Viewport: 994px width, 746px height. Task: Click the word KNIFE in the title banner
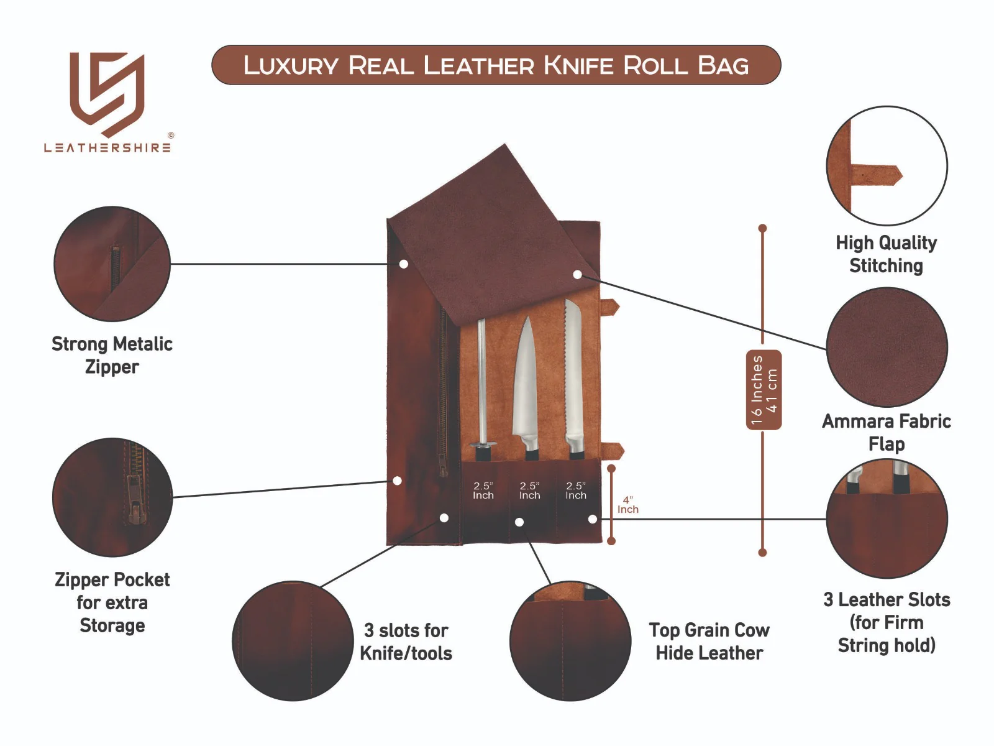pyautogui.click(x=579, y=65)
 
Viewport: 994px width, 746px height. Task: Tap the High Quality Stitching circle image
pyautogui.click(x=887, y=165)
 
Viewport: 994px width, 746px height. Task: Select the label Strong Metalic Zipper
pyautogui.click(x=112, y=355)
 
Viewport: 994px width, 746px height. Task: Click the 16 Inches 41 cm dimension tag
pyautogui.click(x=764, y=390)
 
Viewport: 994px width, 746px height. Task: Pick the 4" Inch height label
pyautogui.click(x=627, y=504)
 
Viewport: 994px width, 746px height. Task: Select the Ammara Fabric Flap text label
pyautogui.click(x=886, y=432)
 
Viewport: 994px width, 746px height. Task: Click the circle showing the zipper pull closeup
pyautogui.click(x=112, y=497)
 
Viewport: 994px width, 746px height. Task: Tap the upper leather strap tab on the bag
pyautogui.click(x=610, y=307)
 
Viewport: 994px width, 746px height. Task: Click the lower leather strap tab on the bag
pyautogui.click(x=613, y=451)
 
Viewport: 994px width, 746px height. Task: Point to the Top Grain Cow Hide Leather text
pyautogui.click(x=709, y=641)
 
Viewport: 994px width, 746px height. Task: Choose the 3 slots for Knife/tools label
pyautogui.click(x=406, y=642)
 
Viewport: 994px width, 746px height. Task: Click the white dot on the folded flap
pyautogui.click(x=577, y=274)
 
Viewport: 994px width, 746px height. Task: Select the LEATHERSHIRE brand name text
pyautogui.click(x=107, y=148)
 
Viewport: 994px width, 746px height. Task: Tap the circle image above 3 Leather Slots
pyautogui.click(x=887, y=519)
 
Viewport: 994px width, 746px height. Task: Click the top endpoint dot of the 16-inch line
pyautogui.click(x=762, y=228)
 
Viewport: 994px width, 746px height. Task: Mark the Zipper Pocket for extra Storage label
pyautogui.click(x=112, y=602)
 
